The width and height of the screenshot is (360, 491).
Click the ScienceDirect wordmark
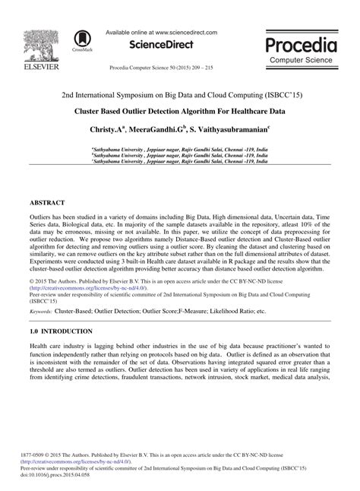pos(162,44)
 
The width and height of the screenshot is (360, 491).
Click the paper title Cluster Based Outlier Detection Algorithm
pos(180,110)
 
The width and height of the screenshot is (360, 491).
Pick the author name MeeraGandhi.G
pos(156,130)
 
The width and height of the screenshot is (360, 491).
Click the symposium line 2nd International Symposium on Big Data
pos(180,97)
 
